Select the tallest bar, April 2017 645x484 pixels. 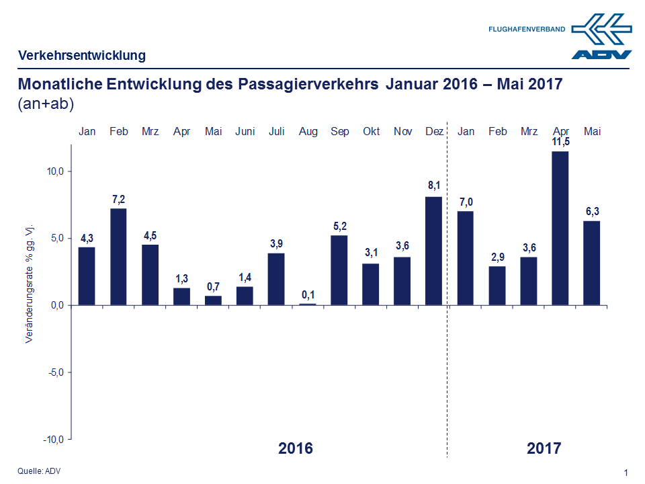pos(560,228)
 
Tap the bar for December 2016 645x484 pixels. pos(434,250)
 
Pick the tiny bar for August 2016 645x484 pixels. pos(308,304)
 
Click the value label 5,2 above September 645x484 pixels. pos(339,226)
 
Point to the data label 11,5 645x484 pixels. pos(560,142)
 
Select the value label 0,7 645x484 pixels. pos(213,286)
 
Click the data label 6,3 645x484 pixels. pos(592,211)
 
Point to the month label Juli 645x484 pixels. pos(276,132)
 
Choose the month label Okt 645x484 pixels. pos(371,132)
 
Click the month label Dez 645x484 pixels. pos(434,132)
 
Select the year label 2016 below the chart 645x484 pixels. pos(296,448)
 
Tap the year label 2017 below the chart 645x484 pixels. pos(544,448)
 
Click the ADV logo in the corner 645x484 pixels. pos(602,38)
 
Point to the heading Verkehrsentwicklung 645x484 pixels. pos(82,56)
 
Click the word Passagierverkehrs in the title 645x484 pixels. pos(308,85)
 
